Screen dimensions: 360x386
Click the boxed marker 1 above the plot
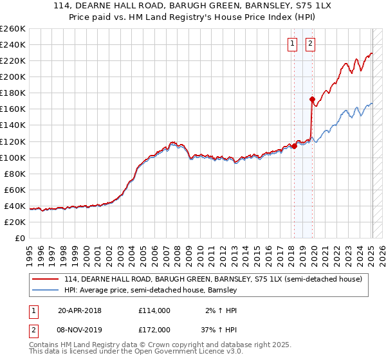[293, 44]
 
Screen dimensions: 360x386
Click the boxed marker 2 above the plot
[310, 44]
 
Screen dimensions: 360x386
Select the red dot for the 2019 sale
[312, 100]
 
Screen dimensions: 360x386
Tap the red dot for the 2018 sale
[294, 146]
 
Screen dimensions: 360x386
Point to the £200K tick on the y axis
[13, 76]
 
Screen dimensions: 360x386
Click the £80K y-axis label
[15, 174]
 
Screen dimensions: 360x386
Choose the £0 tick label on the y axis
[20, 238]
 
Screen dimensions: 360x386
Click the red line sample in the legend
[46, 280]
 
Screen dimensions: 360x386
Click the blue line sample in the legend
[46, 291]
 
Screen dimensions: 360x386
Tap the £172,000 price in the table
[154, 329]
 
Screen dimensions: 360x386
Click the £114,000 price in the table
[154, 310]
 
